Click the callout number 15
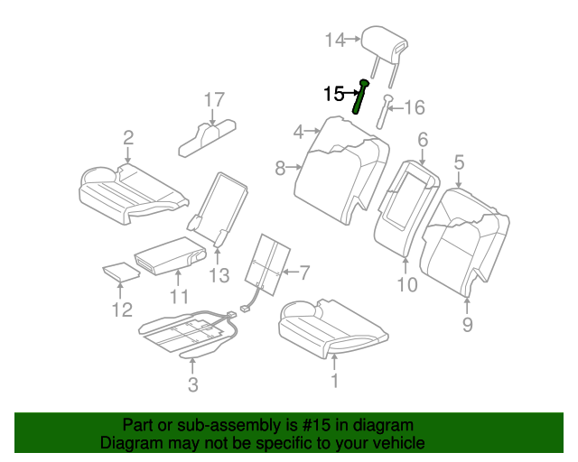pyautogui.click(x=333, y=92)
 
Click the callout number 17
pyautogui.click(x=212, y=99)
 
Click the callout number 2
pyautogui.click(x=128, y=137)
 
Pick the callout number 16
pyautogui.click(x=414, y=108)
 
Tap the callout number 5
pyautogui.click(x=459, y=162)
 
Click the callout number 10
pyautogui.click(x=406, y=285)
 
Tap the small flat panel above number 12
pyautogui.click(x=117, y=271)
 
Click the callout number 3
pyautogui.click(x=191, y=386)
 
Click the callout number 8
pyautogui.click(x=280, y=167)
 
